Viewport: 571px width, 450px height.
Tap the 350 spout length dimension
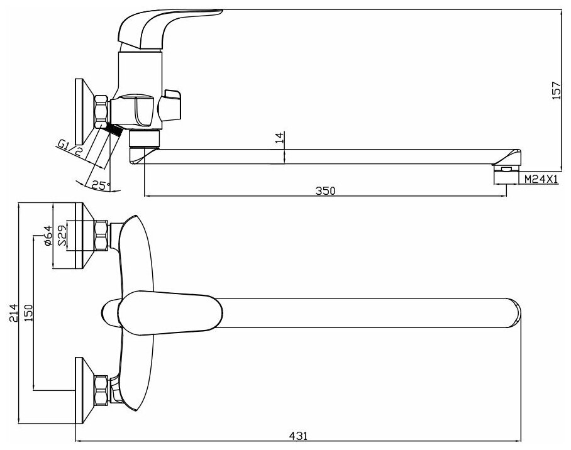tap(326, 190)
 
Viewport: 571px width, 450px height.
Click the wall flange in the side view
tap(79, 111)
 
